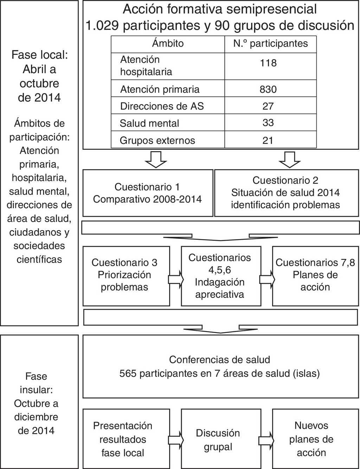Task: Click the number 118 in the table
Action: click(x=268, y=63)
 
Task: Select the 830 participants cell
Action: click(x=268, y=89)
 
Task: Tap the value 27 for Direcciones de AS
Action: click(x=268, y=106)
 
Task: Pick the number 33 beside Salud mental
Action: click(x=268, y=123)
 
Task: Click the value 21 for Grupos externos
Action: click(x=268, y=140)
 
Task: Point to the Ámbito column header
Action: click(x=168, y=44)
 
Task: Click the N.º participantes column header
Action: click(x=270, y=44)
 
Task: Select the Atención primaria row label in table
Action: click(x=160, y=89)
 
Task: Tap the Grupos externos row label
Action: click(x=157, y=140)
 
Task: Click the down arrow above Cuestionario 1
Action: click(x=156, y=159)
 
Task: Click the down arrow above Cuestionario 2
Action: click(x=289, y=159)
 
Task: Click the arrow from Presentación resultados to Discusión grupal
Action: click(x=176, y=440)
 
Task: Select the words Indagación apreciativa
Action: click(x=220, y=288)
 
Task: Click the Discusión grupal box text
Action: click(x=218, y=440)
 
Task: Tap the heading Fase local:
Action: click(x=39, y=55)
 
